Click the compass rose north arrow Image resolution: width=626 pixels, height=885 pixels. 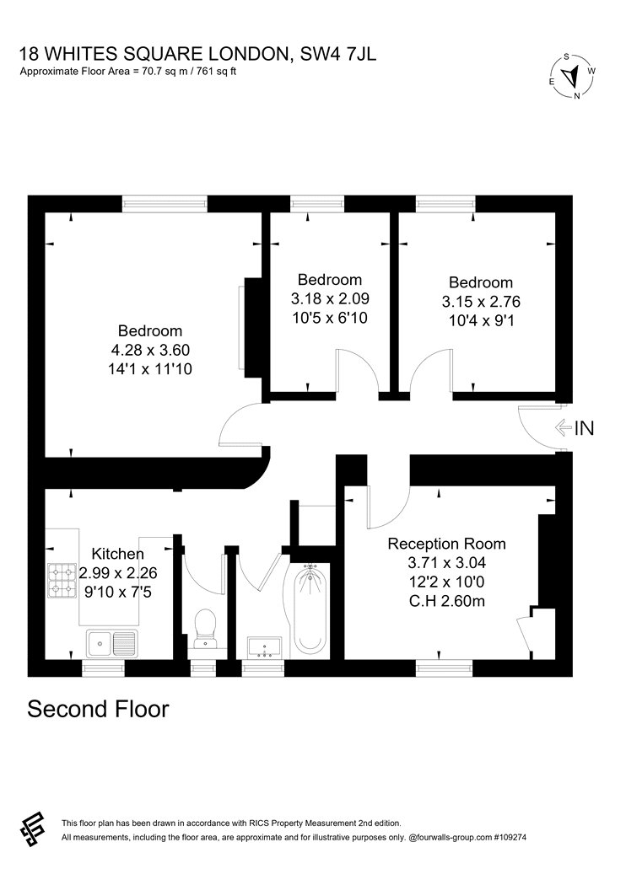pos(574,74)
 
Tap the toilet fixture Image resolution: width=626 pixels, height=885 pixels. pos(204,628)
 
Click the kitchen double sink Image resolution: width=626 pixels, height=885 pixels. pos(111,643)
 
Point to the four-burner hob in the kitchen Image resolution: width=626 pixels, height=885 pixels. pos(62,581)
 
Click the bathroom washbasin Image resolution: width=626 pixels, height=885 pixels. pos(264,646)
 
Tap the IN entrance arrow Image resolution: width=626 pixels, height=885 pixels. pos(564,428)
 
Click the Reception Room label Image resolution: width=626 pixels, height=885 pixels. pos(446,544)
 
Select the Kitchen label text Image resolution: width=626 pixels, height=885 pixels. pos(117,554)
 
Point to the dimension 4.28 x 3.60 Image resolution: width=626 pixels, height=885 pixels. pos(150,350)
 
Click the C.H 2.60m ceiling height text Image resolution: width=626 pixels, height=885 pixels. pos(447,601)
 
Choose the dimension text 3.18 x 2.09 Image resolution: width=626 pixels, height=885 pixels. pos(330,298)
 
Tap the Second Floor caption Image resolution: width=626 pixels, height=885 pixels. pos(99,709)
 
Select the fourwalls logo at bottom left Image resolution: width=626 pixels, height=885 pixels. pos(32,829)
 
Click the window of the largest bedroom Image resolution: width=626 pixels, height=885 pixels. pos(165,204)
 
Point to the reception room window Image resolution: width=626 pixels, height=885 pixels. pos(444,668)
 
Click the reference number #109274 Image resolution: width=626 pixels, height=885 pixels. pos(509,838)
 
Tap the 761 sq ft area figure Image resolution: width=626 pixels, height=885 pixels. pos(216,72)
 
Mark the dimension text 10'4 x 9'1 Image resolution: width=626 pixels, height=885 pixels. pos(481,320)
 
